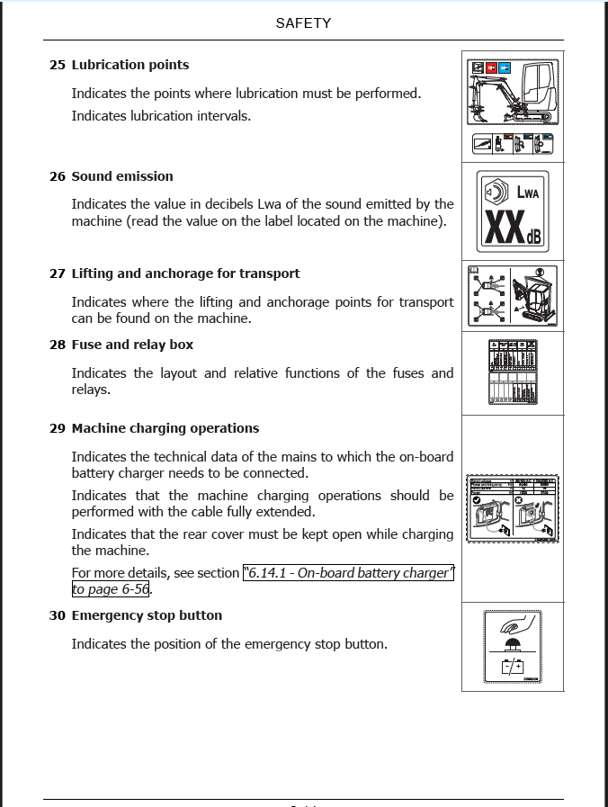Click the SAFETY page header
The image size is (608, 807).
[303, 23]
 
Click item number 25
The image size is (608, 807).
[58, 65]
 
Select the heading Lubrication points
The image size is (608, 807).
[130, 65]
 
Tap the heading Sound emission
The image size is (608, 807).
[122, 176]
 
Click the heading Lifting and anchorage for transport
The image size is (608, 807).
[185, 273]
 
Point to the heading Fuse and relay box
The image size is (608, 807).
[132, 345]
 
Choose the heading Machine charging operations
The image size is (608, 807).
[165, 428]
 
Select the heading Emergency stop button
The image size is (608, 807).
[147, 615]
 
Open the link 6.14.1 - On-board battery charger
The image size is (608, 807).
[349, 573]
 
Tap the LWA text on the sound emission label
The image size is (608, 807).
[528, 192]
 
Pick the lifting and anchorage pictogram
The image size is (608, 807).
[513, 296]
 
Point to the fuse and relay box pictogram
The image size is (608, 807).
[513, 372]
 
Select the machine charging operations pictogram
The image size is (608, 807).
[513, 508]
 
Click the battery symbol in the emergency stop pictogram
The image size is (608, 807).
[513, 667]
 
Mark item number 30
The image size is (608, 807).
[58, 615]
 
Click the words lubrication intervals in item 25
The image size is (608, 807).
[196, 115]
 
